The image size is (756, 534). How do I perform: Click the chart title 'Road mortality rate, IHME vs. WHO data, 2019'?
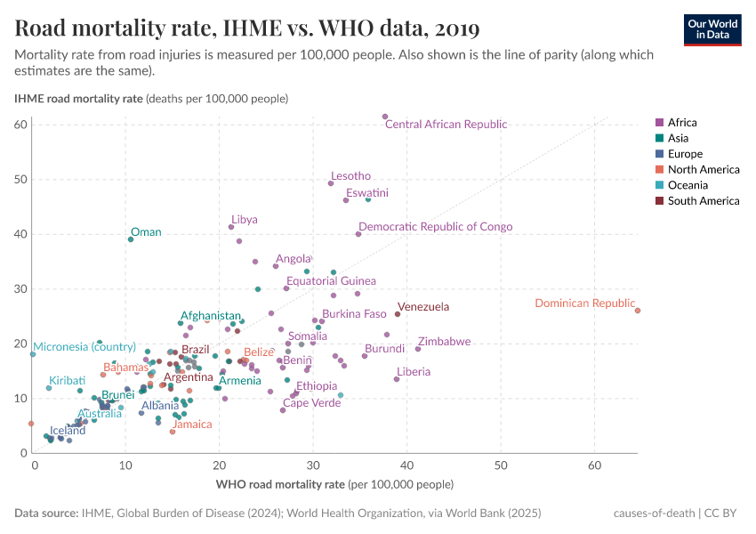point(247,28)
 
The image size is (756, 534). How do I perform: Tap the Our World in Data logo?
point(712,28)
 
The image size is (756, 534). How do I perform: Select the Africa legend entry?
point(682,123)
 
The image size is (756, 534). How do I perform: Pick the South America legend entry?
point(703,201)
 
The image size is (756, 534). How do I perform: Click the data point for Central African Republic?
point(385,117)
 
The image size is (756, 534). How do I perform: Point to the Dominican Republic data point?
point(638,311)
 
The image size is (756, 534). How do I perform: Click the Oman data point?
point(131,239)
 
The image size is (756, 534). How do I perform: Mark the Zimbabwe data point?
point(418,349)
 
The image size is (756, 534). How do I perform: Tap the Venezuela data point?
point(398,314)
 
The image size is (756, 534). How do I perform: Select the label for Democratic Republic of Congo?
point(435,227)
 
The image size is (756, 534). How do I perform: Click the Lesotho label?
point(350,176)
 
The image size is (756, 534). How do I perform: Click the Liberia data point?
point(397,379)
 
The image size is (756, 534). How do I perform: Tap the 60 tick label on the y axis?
point(20,124)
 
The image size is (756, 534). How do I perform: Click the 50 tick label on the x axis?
point(501,465)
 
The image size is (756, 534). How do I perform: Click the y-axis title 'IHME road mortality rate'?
point(78,98)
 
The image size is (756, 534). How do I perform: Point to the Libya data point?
point(231,227)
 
